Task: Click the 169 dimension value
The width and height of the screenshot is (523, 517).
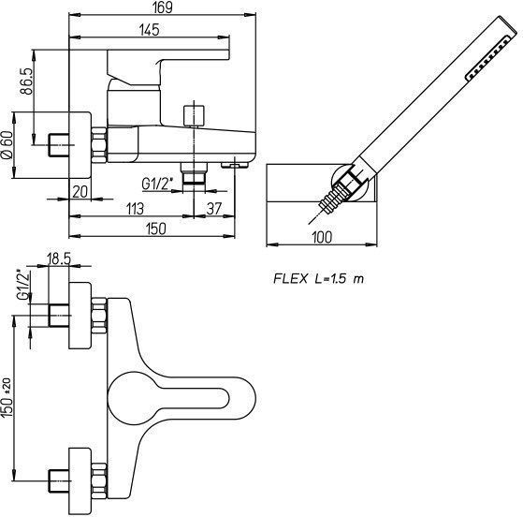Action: coord(163,7)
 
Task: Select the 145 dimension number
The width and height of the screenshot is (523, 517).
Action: coord(150,30)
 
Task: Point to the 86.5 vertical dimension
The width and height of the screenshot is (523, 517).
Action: coord(27,81)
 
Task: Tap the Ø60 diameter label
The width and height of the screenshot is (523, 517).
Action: coord(7,144)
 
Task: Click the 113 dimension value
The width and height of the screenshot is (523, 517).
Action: coord(135,209)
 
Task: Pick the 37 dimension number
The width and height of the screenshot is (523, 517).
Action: coord(214,209)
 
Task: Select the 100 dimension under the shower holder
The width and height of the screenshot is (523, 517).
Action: coord(322,238)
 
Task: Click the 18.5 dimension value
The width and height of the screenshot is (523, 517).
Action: coord(59,258)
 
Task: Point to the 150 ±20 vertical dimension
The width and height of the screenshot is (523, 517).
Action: coord(7,397)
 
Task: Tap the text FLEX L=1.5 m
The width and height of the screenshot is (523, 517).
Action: coord(318,278)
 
